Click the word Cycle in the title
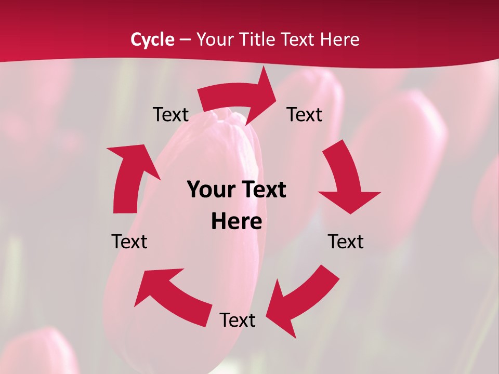[x=152, y=39]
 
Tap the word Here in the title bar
[x=340, y=39]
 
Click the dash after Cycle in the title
[x=185, y=39]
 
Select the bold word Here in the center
[x=237, y=222]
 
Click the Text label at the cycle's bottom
[x=238, y=320]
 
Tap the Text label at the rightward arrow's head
[x=305, y=114]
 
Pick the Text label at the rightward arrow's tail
[x=170, y=114]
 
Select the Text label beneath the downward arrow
[x=346, y=242]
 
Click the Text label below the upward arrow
[x=129, y=242]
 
